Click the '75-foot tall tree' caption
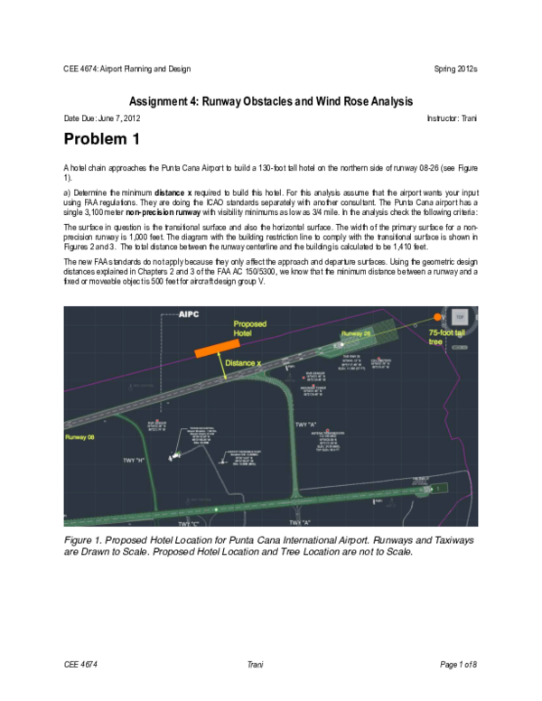click(x=452, y=338)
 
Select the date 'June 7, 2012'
click(x=119, y=118)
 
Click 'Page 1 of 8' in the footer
click(x=458, y=666)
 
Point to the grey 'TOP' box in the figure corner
click(x=459, y=317)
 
